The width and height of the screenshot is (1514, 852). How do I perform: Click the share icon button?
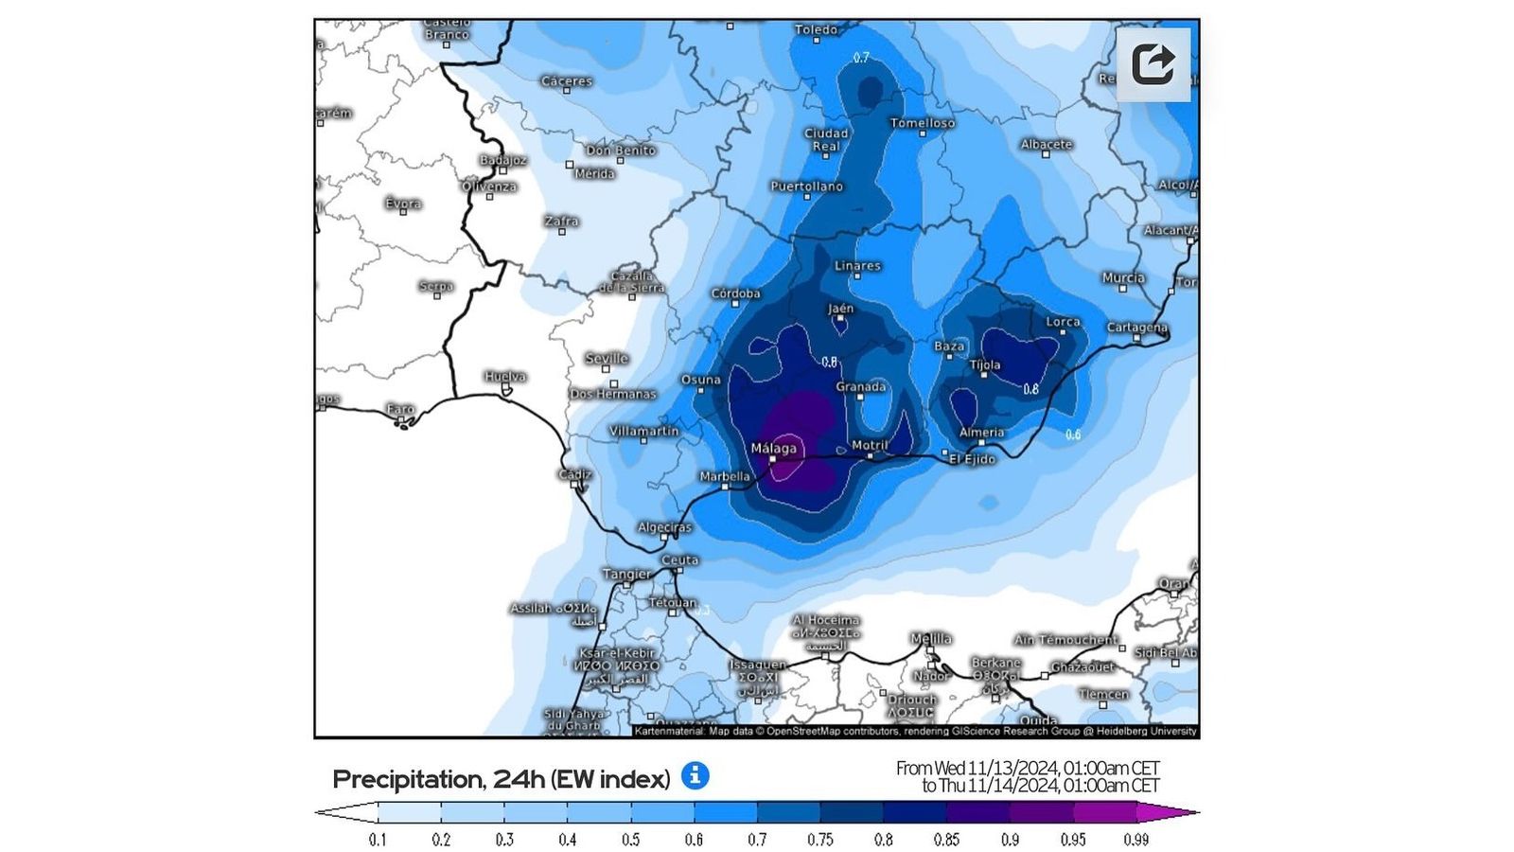coord(1153,64)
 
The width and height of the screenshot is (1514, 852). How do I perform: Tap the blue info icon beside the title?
coord(695,776)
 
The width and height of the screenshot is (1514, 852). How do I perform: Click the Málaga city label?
coord(773,448)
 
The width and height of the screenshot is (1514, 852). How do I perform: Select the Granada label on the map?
coord(860,386)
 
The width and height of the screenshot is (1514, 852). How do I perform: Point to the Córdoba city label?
coord(735,293)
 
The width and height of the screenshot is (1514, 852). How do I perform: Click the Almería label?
coord(981,432)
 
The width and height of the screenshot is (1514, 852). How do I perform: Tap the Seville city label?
coord(607,358)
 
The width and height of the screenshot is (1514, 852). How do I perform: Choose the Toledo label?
coord(816,29)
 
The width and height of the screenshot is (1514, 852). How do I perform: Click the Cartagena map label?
coord(1136,328)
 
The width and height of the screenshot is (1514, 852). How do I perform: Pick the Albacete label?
coord(1046,144)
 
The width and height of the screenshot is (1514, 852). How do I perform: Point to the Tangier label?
coord(626,574)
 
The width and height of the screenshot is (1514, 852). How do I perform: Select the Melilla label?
coord(931,638)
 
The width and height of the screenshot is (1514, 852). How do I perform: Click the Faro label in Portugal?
coord(400,409)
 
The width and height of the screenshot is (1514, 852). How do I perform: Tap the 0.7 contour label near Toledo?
coord(861,58)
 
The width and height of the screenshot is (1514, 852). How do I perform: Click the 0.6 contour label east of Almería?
coord(1073,435)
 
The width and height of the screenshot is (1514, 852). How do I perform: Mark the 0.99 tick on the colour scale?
coord(1135,840)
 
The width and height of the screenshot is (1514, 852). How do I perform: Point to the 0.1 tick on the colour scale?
coord(378,840)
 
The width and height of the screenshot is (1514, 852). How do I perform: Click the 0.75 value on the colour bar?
coord(819,840)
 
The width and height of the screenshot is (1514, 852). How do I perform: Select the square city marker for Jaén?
coord(839,319)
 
